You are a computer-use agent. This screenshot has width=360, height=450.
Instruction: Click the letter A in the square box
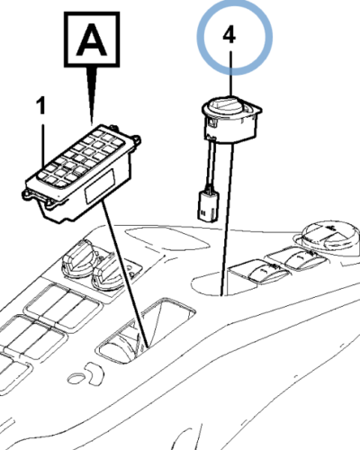[x=92, y=40]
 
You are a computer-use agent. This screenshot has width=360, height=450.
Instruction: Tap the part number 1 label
[x=41, y=105]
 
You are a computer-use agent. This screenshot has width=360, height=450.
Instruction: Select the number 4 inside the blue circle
[x=229, y=35]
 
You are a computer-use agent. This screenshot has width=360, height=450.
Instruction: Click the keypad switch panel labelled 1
[x=82, y=174]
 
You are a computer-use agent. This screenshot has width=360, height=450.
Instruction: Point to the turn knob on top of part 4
[x=225, y=104]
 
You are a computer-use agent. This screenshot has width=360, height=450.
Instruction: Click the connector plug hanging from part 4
[x=208, y=206]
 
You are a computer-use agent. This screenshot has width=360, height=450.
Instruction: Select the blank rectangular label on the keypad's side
[x=100, y=186]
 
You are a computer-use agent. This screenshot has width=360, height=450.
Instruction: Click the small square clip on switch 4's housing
[x=211, y=122]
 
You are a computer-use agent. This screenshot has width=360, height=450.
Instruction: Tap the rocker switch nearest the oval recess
[x=260, y=270]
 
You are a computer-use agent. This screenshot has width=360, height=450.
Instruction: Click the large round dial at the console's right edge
[x=330, y=236]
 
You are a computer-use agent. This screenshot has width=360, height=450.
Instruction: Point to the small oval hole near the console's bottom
[x=77, y=379]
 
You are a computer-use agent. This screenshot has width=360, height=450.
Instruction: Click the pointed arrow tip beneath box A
[x=92, y=123]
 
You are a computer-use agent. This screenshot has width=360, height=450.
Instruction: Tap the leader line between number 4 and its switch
[x=230, y=74]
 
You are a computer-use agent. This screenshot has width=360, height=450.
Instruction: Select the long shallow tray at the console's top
[x=167, y=238]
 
